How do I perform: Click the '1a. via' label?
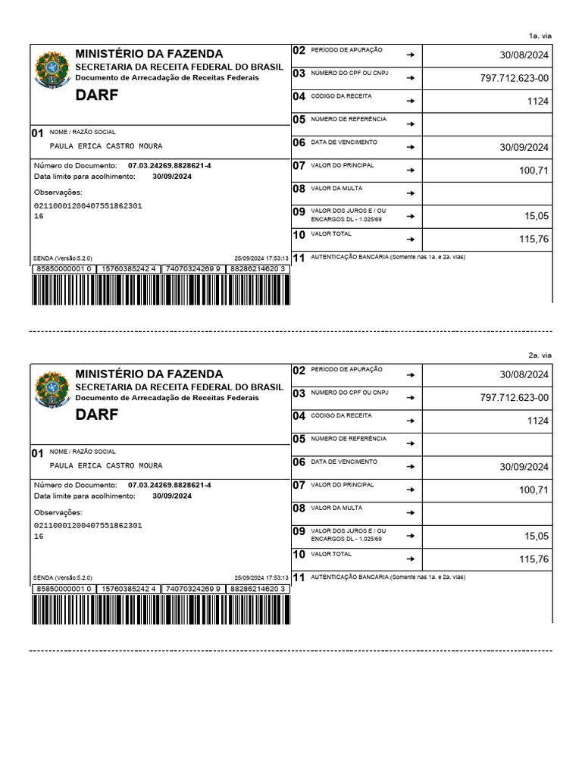[x=540, y=36]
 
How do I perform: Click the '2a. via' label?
[x=540, y=355]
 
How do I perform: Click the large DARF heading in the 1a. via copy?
[x=97, y=95]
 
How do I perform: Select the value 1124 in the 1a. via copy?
[x=537, y=101]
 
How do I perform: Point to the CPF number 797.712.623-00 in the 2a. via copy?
[x=515, y=398]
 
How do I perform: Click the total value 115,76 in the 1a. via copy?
[x=533, y=239]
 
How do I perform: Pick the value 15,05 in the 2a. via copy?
[x=536, y=537]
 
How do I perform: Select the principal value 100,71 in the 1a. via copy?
[x=533, y=171]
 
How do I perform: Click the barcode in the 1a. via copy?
[x=161, y=290]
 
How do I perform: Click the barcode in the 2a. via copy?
[x=161, y=609]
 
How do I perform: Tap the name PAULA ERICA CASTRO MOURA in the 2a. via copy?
[x=105, y=466]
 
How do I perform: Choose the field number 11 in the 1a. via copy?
[x=299, y=258]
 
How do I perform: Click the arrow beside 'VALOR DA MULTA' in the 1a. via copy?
[x=410, y=193]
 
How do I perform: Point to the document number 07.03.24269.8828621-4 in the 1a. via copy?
[x=170, y=165]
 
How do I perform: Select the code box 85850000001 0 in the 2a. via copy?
[x=64, y=589]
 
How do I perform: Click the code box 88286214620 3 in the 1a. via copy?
[x=258, y=269]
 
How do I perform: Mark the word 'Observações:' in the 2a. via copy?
[x=58, y=512]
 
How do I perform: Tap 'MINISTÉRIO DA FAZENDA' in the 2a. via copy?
[x=149, y=374]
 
